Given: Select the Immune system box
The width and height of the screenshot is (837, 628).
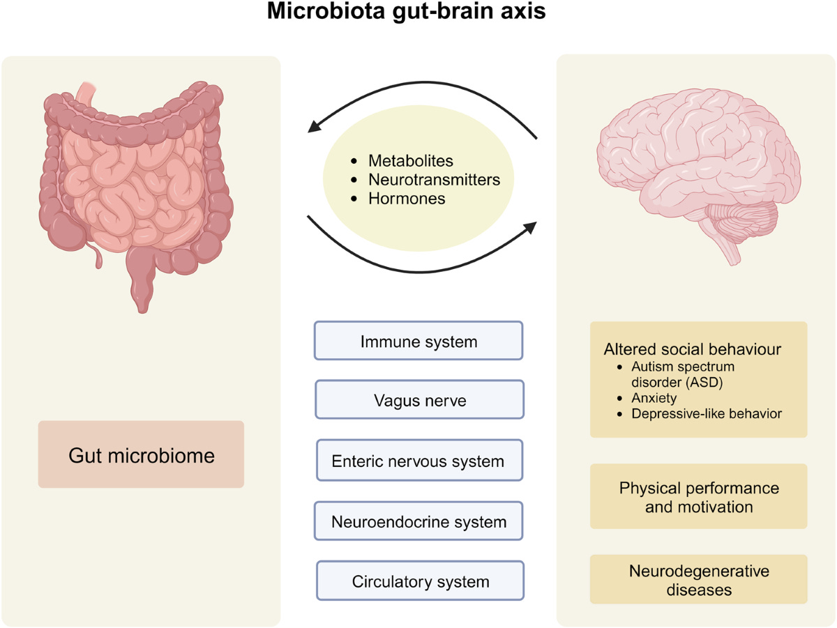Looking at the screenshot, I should tap(418, 341).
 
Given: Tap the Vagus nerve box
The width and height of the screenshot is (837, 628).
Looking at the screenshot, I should tap(418, 401).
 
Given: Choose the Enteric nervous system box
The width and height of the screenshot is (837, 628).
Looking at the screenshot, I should tap(418, 461).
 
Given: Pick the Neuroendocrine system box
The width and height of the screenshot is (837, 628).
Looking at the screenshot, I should tap(418, 521).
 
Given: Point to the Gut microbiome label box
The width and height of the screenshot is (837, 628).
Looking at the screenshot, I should tap(141, 455).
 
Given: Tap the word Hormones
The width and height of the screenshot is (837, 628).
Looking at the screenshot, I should tap(407, 199).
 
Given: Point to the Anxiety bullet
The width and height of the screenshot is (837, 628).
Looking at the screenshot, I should tap(655, 398).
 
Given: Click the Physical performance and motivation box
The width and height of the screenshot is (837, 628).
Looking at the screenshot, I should tap(698, 496).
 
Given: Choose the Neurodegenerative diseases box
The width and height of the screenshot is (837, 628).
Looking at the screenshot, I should tap(698, 580).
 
